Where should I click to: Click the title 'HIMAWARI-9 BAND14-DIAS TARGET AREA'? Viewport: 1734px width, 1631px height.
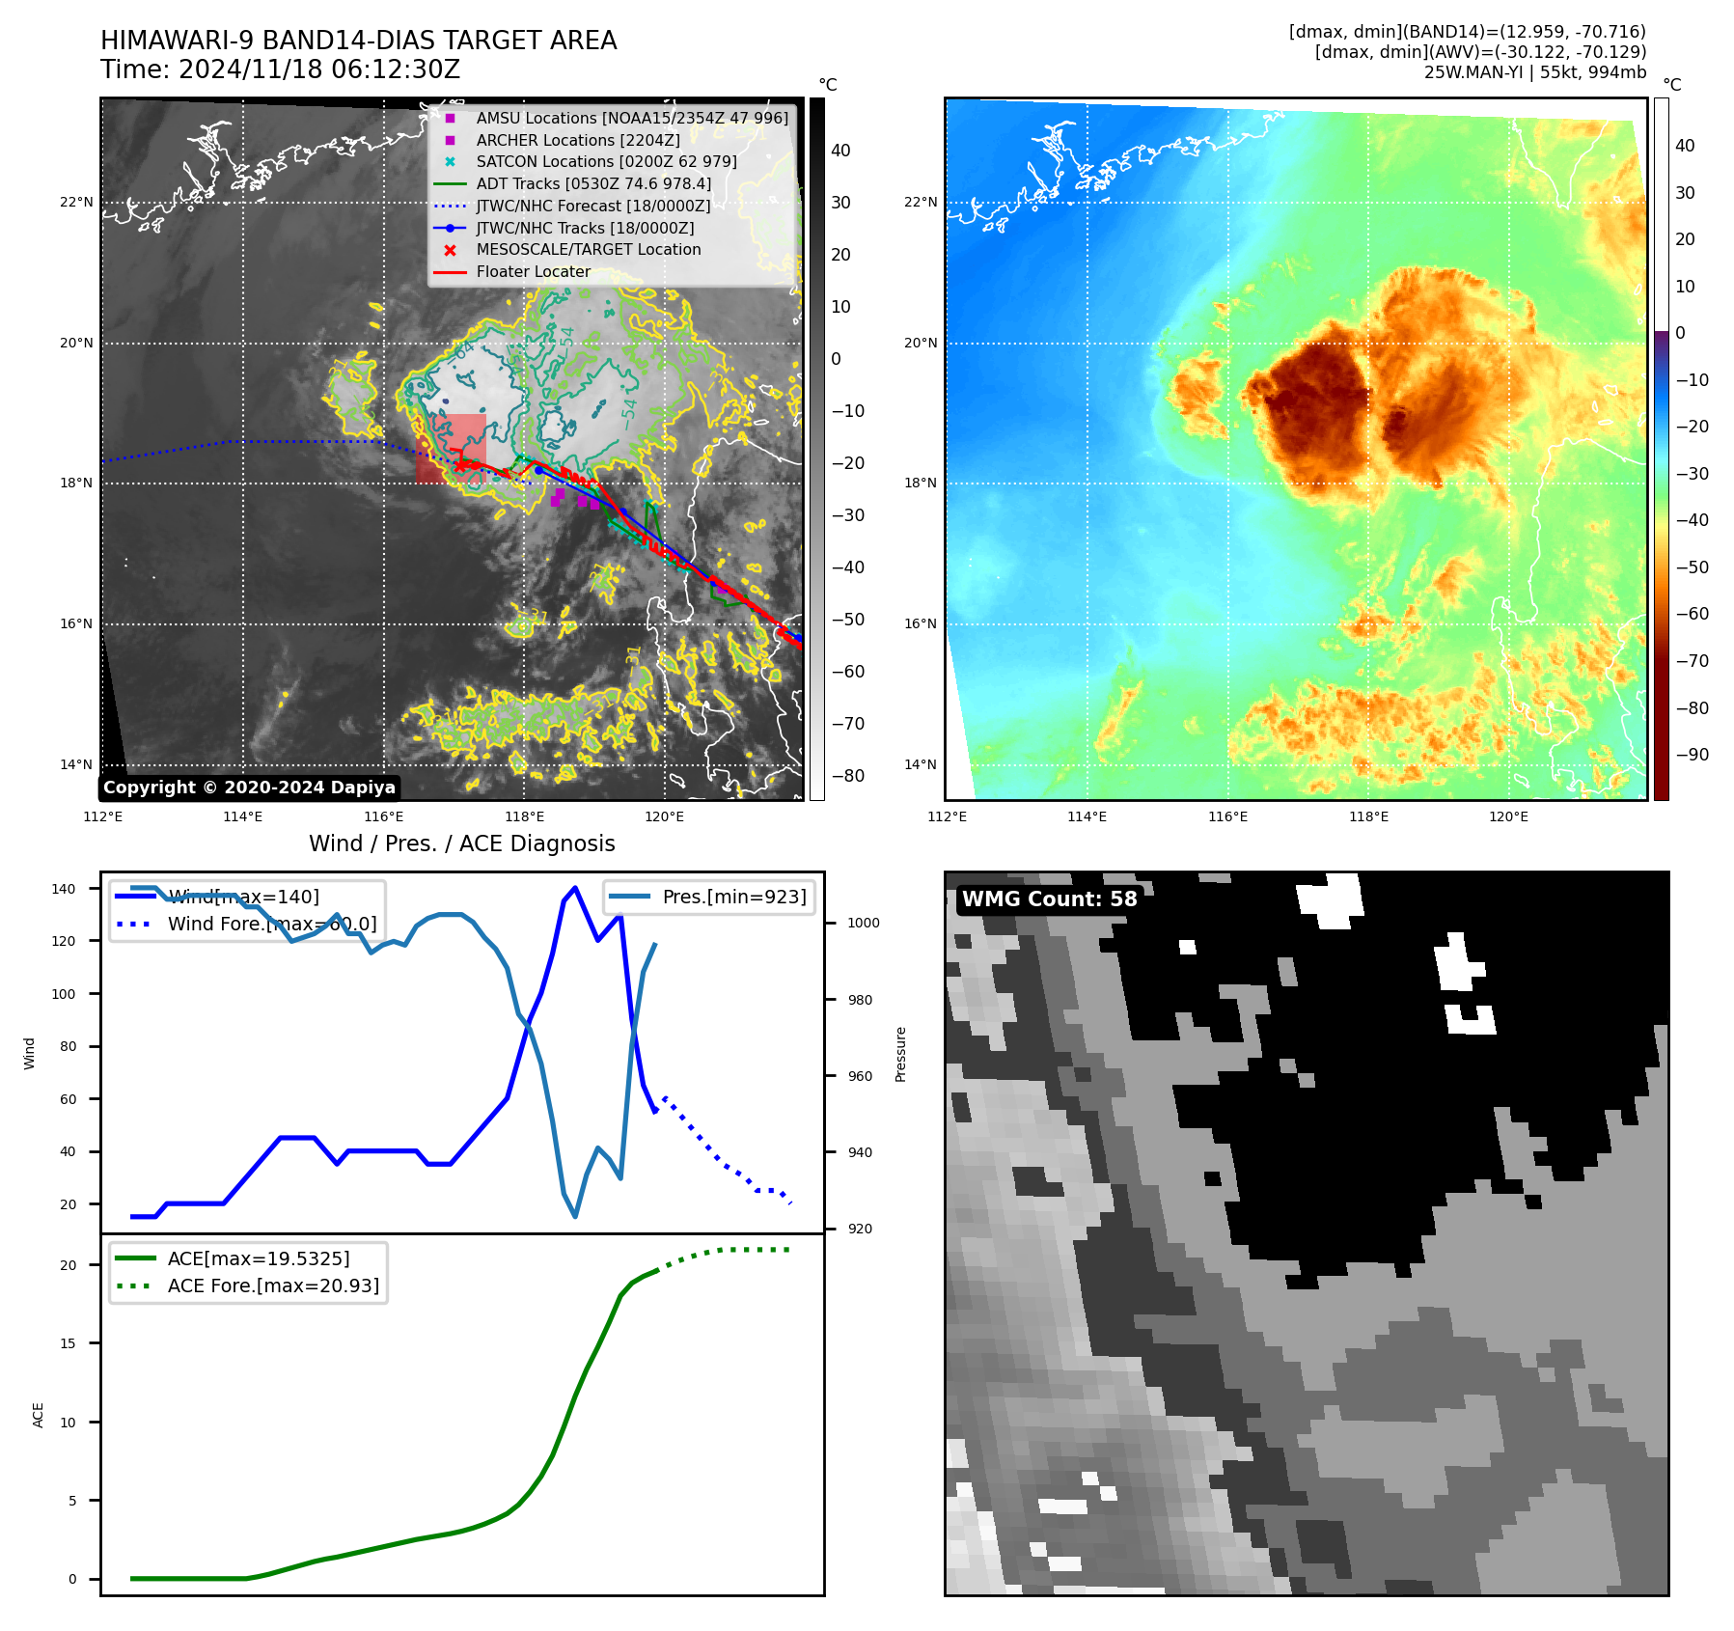358,41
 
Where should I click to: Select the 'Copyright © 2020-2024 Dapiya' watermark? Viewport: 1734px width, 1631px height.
249,788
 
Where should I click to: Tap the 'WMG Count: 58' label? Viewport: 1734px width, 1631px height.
1049,899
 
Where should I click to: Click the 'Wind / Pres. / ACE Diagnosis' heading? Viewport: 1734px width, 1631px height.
461,843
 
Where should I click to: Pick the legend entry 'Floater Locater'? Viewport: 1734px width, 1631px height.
533,272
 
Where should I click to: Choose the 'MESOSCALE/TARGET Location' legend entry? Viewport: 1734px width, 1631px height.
588,250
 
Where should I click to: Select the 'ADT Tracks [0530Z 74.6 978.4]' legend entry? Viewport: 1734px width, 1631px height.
593,183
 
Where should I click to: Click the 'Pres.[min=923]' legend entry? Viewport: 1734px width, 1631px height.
733,897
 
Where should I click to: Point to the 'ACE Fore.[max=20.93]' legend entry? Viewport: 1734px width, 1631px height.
273,1285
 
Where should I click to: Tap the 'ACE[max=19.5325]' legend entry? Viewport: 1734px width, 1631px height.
259,1258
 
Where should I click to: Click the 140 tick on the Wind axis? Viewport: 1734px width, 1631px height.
64,889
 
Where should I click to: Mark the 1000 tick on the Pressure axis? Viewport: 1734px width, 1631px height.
863,923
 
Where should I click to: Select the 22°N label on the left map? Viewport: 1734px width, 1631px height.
76,203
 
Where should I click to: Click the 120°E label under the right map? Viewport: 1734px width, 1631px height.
1508,816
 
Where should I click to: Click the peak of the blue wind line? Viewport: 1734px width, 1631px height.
575,887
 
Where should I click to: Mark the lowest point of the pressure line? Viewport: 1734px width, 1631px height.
575,1216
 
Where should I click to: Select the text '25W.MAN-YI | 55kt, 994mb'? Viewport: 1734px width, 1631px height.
1534,72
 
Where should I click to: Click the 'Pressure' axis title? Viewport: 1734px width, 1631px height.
900,1054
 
